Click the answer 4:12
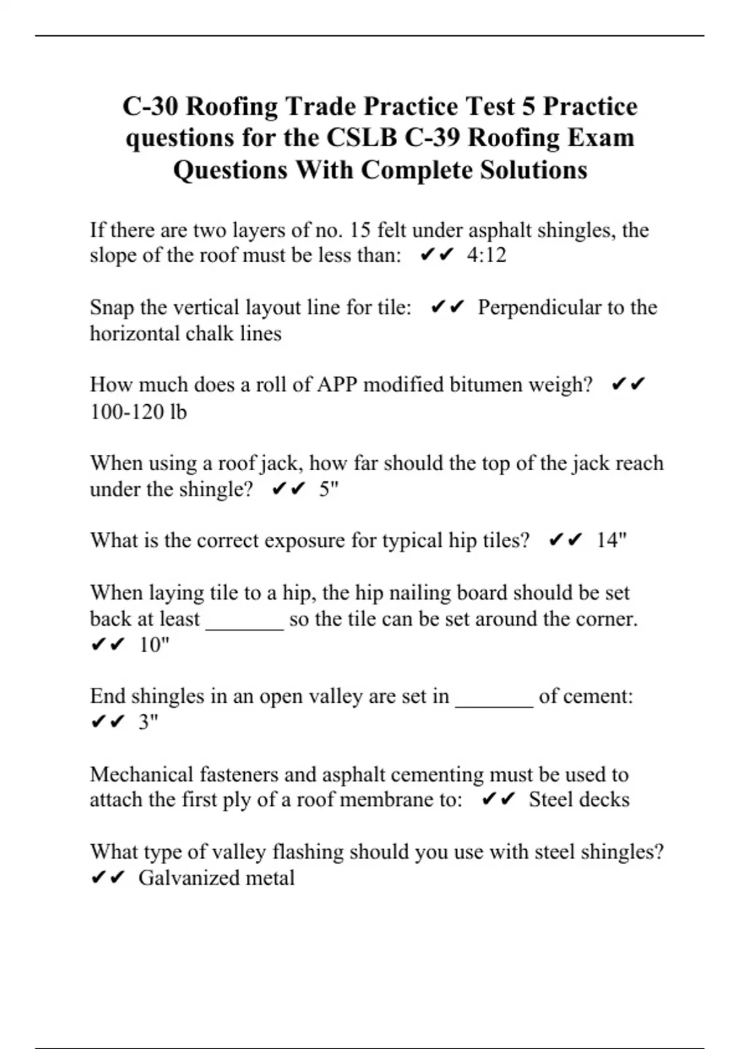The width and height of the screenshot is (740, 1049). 487,255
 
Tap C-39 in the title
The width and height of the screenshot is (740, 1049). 432,138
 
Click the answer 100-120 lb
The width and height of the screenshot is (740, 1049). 138,412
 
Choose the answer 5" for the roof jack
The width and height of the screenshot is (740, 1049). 329,489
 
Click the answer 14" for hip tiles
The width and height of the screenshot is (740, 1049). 611,541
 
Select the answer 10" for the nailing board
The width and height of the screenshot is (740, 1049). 154,645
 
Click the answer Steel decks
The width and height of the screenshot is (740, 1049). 579,800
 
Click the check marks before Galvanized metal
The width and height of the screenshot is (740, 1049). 108,877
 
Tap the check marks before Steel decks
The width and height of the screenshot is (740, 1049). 498,800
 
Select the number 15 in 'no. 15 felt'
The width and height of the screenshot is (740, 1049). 360,230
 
